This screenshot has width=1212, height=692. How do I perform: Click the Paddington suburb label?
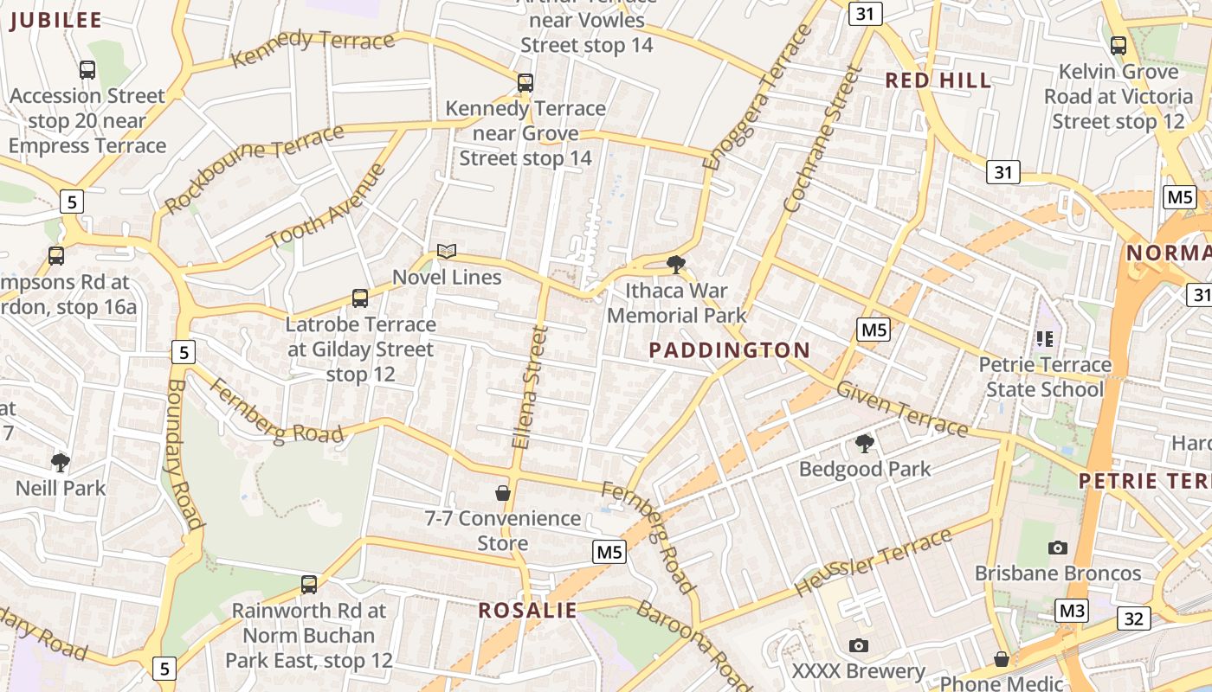pos(729,350)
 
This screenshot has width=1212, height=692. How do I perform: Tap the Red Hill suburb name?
pos(938,80)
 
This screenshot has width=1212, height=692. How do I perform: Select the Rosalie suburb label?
pos(527,611)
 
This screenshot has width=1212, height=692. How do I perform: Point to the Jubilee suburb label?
pos(55,21)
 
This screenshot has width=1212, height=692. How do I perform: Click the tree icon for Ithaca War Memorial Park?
pos(676,265)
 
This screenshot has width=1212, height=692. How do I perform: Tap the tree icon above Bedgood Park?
pos(864,444)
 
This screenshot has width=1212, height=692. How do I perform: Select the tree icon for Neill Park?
pos(61,463)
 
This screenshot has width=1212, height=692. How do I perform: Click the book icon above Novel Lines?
pos(447,252)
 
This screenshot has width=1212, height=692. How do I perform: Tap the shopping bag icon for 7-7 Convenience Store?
pos(503,493)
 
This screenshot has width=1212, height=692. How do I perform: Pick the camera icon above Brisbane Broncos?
pos(1057,548)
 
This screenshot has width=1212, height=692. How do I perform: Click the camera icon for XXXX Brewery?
pos(859,645)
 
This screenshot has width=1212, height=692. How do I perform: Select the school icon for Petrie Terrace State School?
pos(1045,339)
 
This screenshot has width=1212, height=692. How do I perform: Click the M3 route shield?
pos(1073,611)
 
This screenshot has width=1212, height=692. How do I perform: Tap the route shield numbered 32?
pos(1134,618)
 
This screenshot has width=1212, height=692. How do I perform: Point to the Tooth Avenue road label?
pos(326,206)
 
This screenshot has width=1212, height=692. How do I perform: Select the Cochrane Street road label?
pos(822,140)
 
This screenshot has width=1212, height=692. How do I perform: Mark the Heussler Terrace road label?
pos(874,561)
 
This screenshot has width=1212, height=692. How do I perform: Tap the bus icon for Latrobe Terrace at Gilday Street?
pos(360,298)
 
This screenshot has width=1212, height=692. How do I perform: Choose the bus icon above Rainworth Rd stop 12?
pos(309,584)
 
